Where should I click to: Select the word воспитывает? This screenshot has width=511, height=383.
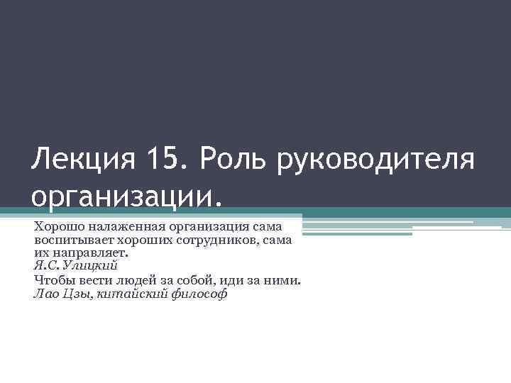[70, 240]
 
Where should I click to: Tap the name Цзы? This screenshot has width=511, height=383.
[72, 294]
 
